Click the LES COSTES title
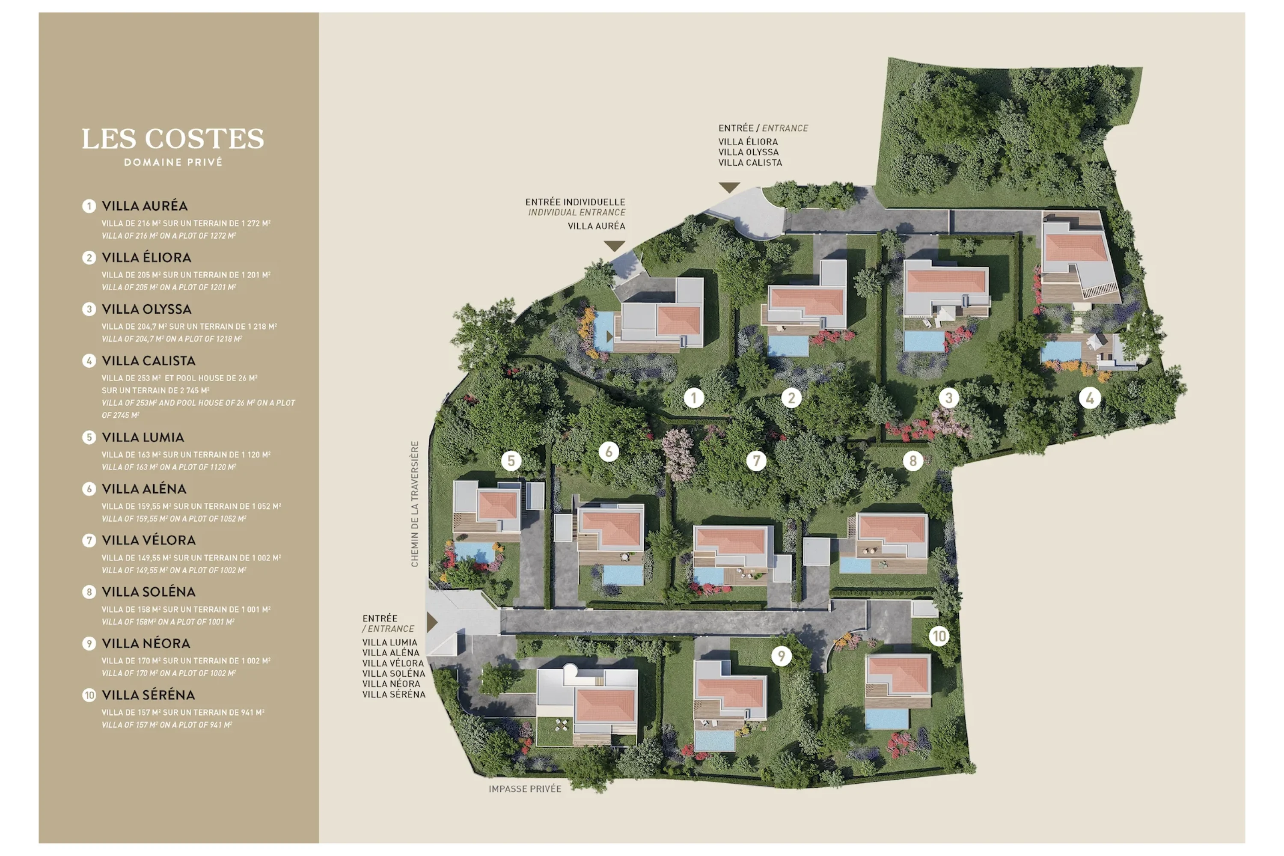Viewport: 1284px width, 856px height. (172, 139)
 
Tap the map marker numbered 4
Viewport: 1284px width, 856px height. (1090, 398)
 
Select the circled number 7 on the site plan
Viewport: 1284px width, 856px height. (756, 461)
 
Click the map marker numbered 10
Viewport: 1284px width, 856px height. (939, 636)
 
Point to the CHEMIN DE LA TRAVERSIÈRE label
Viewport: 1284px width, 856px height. (415, 504)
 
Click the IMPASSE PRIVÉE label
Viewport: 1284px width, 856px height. (525, 789)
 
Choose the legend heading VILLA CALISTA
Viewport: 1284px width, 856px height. (149, 361)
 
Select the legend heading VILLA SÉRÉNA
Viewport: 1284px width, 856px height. (149, 695)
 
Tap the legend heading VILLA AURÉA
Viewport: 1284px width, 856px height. (145, 206)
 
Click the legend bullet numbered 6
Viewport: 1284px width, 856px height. (89, 489)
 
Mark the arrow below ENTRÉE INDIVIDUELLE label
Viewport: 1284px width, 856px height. (614, 246)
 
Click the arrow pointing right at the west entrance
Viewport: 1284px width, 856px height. (432, 622)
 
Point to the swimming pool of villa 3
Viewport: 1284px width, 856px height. (924, 341)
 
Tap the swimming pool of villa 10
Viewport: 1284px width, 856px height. (886, 719)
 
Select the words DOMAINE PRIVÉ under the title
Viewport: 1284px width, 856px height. (173, 163)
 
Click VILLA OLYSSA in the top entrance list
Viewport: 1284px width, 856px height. (749, 152)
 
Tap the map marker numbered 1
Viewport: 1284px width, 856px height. (694, 398)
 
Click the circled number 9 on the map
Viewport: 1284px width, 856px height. (781, 656)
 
